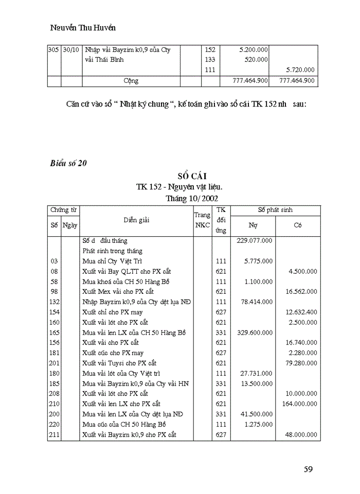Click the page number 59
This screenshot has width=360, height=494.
309,469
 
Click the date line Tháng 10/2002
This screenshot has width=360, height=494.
191,198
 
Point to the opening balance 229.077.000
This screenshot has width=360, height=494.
255,240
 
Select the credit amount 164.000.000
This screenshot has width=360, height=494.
299,404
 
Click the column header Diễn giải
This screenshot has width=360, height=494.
136,220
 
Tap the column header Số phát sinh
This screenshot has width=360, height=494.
276,210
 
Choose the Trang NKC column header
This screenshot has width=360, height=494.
202,220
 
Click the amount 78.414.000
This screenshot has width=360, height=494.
256,302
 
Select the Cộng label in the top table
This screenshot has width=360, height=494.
131,81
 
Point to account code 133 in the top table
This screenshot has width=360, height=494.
210,60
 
